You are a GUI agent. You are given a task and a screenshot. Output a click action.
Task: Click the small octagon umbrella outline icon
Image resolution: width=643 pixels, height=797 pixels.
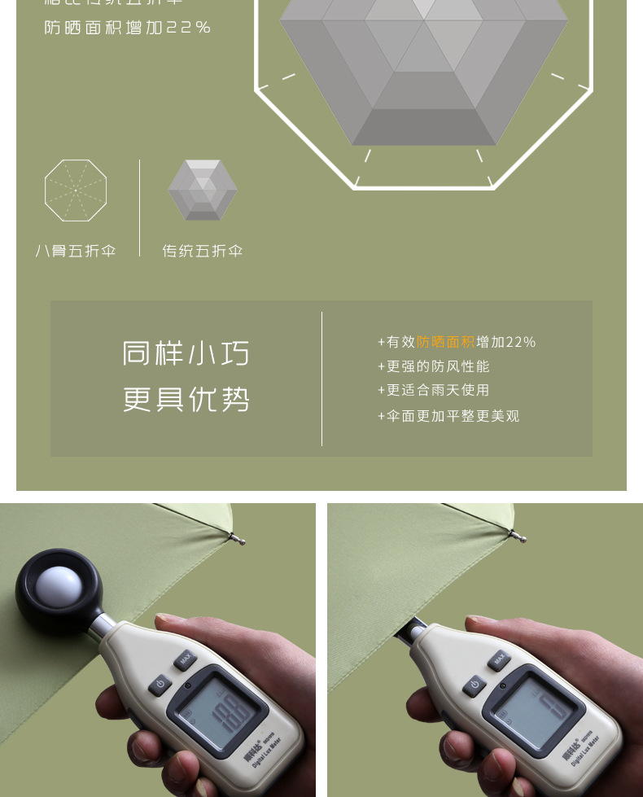[x=76, y=190]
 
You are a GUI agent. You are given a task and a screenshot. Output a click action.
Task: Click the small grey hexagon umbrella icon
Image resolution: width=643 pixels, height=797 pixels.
[x=203, y=190]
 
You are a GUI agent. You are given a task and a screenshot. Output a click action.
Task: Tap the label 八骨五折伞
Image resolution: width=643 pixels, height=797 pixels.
[x=76, y=251]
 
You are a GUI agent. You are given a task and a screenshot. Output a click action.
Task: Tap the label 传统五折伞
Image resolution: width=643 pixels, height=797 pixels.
[x=203, y=251]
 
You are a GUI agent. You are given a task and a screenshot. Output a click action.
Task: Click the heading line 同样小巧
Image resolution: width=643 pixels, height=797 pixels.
[x=186, y=353]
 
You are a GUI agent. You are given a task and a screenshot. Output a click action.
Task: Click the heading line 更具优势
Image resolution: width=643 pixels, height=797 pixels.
[x=186, y=400]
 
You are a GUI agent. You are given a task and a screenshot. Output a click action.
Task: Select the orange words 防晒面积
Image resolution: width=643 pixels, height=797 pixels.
[x=446, y=342]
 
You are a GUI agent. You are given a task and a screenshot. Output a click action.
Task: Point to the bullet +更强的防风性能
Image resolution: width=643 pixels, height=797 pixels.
[x=434, y=366]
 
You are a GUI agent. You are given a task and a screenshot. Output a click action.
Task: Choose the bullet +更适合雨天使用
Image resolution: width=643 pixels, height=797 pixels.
[x=434, y=391]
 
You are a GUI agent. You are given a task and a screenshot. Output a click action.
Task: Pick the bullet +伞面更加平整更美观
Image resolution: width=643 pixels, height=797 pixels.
[x=448, y=416]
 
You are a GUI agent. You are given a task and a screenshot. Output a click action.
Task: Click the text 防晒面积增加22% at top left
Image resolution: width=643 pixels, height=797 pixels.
[x=128, y=28]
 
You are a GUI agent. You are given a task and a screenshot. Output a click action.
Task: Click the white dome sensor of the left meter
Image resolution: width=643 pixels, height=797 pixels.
[x=59, y=588]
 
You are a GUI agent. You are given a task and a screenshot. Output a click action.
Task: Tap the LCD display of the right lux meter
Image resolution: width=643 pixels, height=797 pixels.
[x=537, y=703]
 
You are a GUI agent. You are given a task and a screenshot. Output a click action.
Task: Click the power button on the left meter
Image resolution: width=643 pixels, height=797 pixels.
[x=160, y=684]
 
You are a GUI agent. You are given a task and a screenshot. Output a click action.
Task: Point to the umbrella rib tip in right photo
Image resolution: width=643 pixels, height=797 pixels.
[x=518, y=536]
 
